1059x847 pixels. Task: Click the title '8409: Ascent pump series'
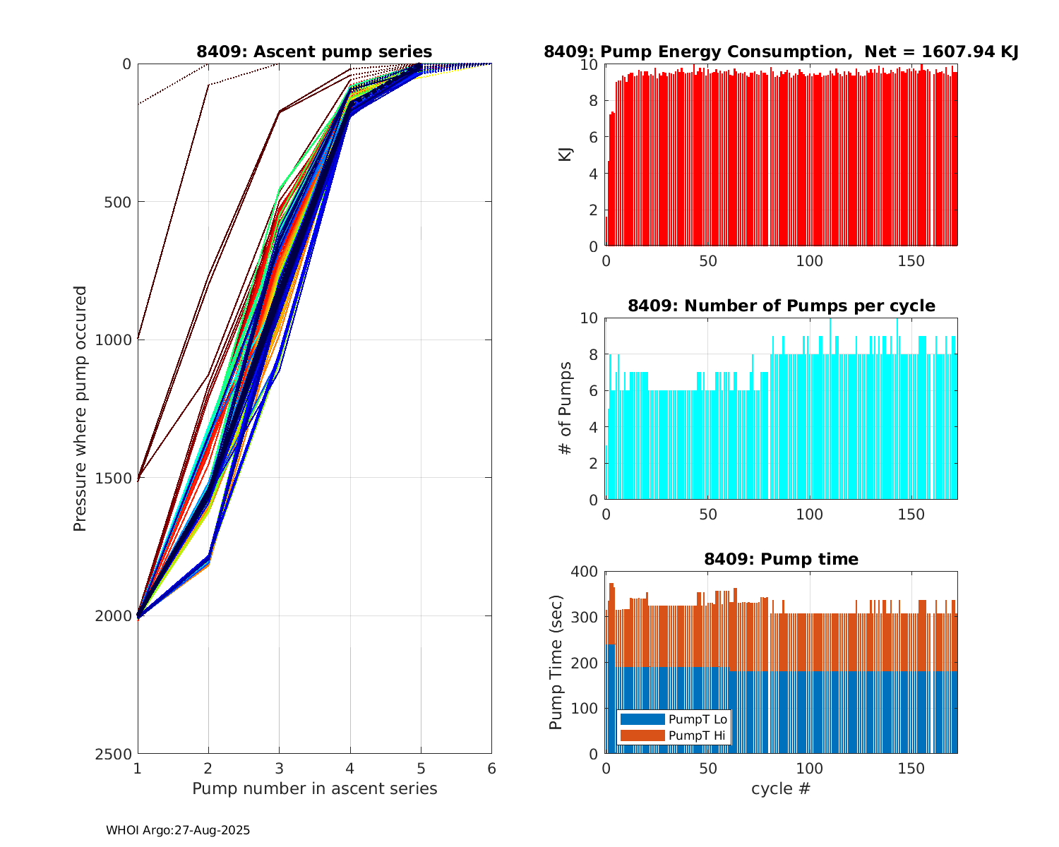click(314, 52)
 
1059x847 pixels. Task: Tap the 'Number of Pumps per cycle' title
click(781, 306)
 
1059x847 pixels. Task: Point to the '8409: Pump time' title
click(781, 559)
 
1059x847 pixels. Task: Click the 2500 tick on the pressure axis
click(116, 754)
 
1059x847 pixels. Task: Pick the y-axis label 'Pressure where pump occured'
click(80, 409)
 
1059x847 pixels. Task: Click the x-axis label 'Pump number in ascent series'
click(314, 788)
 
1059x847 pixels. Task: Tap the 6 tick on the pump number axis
click(491, 769)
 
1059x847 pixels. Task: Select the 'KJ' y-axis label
click(566, 155)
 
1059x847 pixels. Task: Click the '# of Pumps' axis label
click(566, 409)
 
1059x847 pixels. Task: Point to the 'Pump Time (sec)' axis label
click(556, 662)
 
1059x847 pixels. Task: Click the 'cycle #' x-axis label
click(781, 788)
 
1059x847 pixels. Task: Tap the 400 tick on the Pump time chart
click(587, 571)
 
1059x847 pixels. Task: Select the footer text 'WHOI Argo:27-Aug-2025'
click(178, 831)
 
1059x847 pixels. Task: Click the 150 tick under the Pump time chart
click(911, 769)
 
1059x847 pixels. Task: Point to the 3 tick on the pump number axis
click(279, 769)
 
